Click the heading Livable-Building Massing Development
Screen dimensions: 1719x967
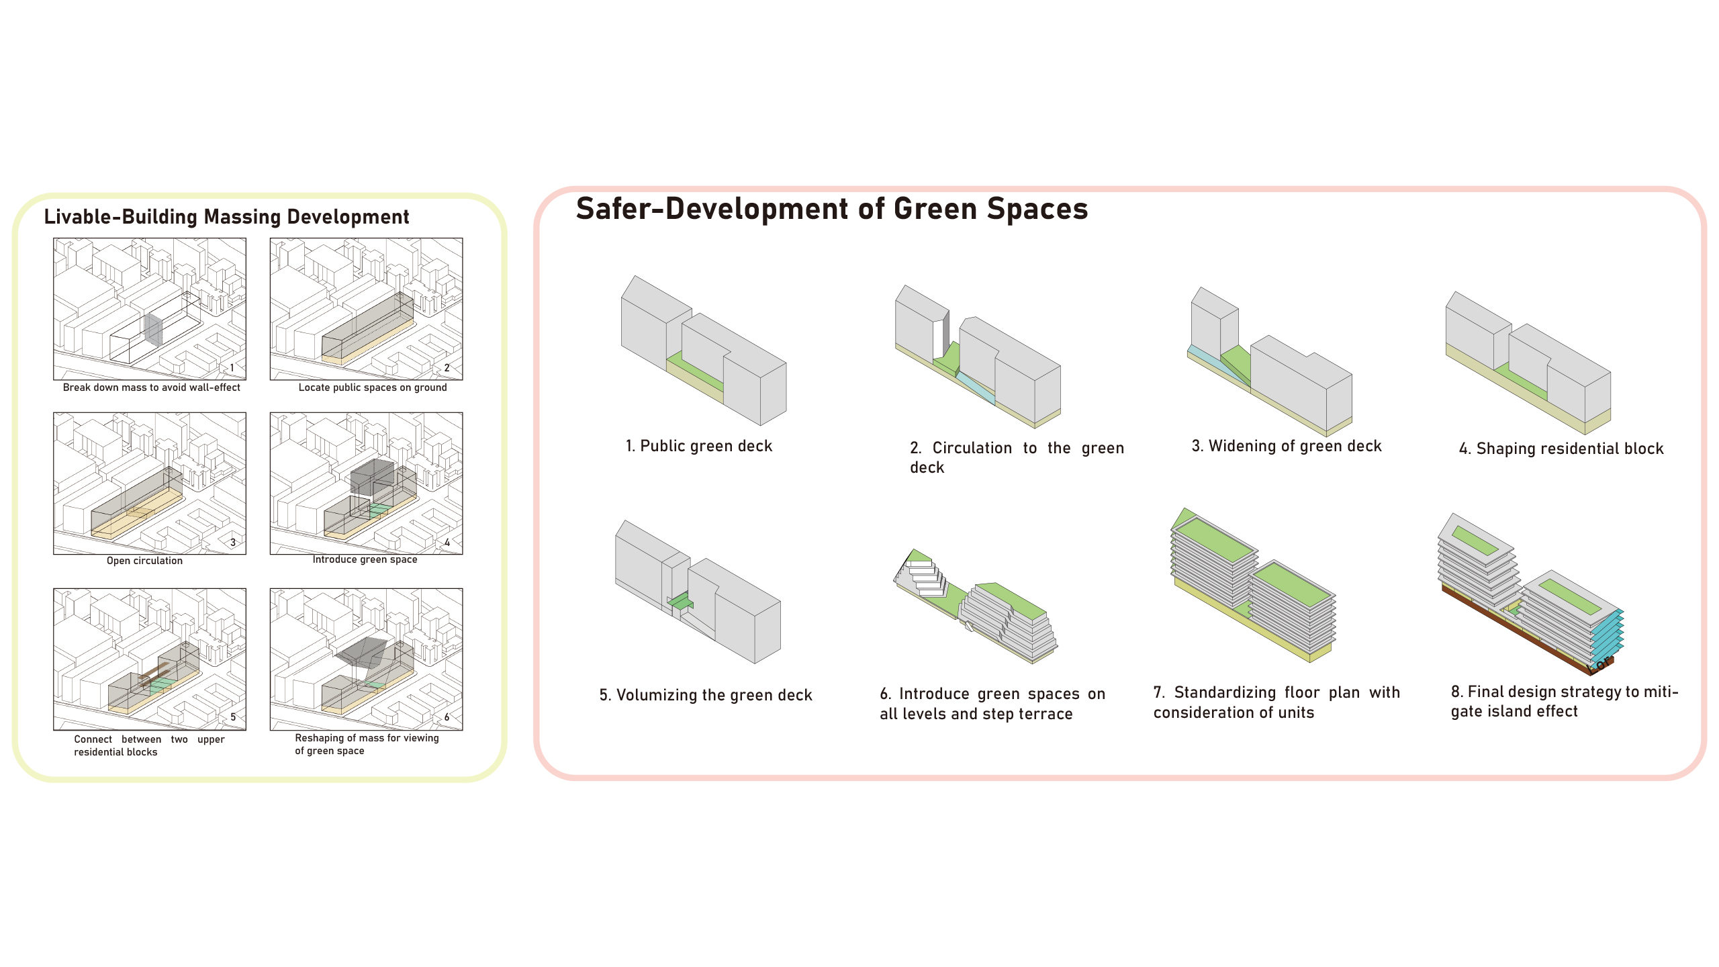pyautogui.click(x=226, y=217)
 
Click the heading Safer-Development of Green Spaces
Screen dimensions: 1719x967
pyautogui.click(x=832, y=209)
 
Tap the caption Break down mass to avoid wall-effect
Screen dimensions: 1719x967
pyautogui.click(x=152, y=387)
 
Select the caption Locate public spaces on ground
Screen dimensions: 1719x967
pyautogui.click(x=373, y=387)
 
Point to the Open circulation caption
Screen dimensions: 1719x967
pyautogui.click(x=144, y=561)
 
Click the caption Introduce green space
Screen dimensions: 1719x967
pyautogui.click(x=365, y=559)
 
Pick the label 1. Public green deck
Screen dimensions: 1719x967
pyautogui.click(x=699, y=446)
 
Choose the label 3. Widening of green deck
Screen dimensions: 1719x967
pyautogui.click(x=1287, y=446)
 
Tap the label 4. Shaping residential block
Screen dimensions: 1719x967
pyautogui.click(x=1561, y=449)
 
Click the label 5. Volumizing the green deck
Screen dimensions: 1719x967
pyautogui.click(x=706, y=695)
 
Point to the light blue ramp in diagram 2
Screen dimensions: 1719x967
pyautogui.click(x=975, y=388)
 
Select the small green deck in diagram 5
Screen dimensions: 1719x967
pyautogui.click(x=681, y=601)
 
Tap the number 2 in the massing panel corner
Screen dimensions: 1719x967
pyautogui.click(x=447, y=368)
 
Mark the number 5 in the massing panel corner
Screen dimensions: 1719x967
pyautogui.click(x=233, y=717)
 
